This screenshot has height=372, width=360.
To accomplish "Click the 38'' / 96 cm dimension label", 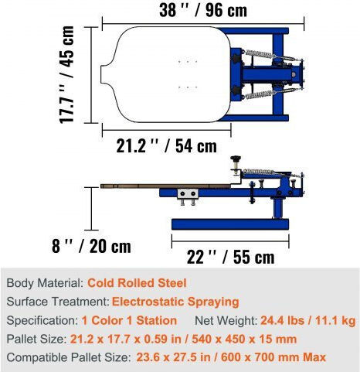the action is pyautogui.click(x=203, y=11).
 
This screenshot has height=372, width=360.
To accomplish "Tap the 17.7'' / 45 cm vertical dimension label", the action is pyautogui.click(x=66, y=75).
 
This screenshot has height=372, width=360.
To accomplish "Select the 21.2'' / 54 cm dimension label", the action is pyautogui.click(x=167, y=146).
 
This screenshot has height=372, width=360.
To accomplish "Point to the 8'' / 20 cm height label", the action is pyautogui.click(x=91, y=246).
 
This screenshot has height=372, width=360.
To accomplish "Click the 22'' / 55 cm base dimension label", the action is pyautogui.click(x=231, y=257).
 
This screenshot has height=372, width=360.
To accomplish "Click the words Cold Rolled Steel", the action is pyautogui.click(x=137, y=283).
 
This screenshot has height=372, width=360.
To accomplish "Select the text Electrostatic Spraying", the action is pyautogui.click(x=175, y=302).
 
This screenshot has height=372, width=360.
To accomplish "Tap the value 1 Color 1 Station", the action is pyautogui.click(x=129, y=320).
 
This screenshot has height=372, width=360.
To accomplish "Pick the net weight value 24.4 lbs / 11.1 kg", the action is pyautogui.click(x=308, y=321).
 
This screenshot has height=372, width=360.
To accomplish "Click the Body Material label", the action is pyautogui.click(x=45, y=283).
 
